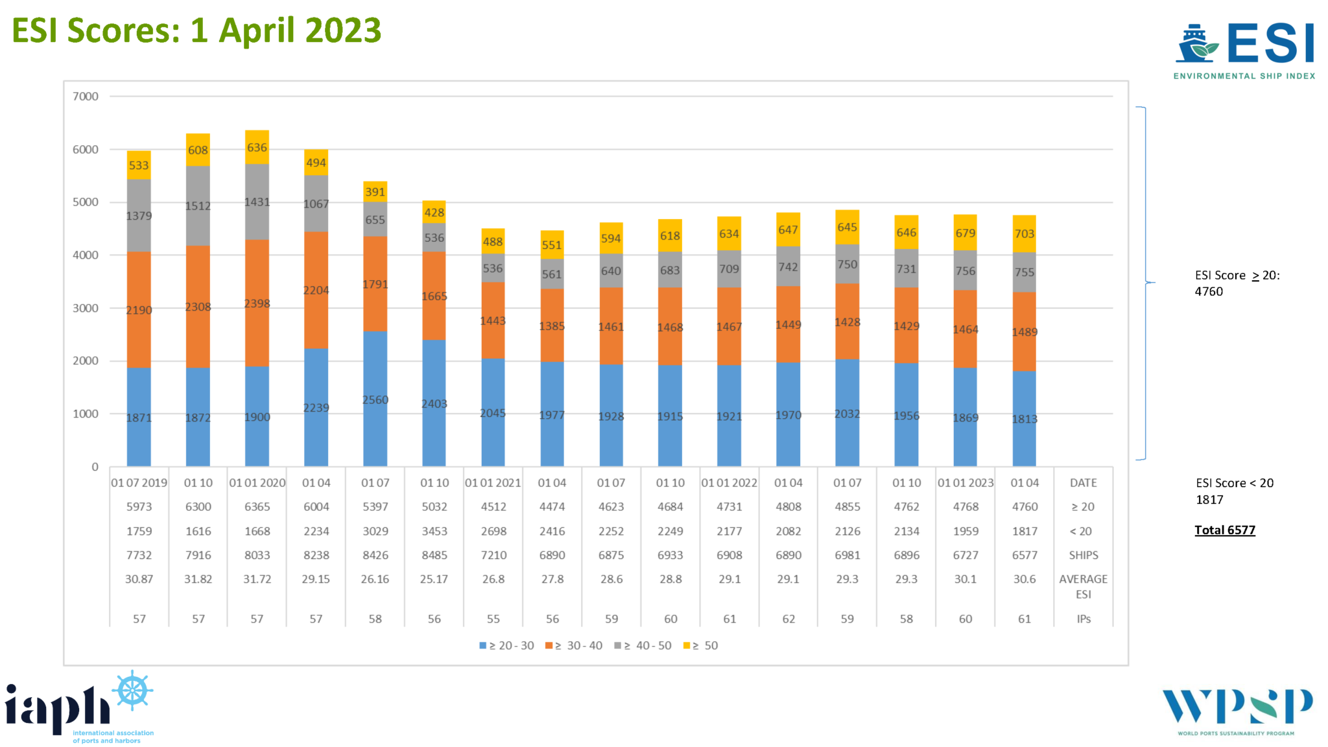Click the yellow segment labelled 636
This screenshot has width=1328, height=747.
point(257,147)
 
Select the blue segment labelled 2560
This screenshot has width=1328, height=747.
point(375,399)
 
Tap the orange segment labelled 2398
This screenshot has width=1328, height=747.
point(257,303)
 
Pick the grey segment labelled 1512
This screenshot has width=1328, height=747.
point(198,206)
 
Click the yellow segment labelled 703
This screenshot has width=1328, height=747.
point(1024,233)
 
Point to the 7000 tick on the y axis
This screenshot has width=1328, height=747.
point(86,97)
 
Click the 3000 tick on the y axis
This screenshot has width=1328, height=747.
point(86,308)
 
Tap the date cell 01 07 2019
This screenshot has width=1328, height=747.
point(139,482)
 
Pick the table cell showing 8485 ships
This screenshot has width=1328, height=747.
point(434,555)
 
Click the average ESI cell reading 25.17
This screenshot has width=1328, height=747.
point(434,579)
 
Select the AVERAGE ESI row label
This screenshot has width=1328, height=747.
point(1083,586)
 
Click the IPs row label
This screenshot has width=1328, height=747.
point(1083,619)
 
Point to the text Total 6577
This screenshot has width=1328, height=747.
point(1224,530)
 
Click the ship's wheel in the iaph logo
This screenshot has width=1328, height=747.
point(133,690)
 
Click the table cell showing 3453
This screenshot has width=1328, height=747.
point(434,531)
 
